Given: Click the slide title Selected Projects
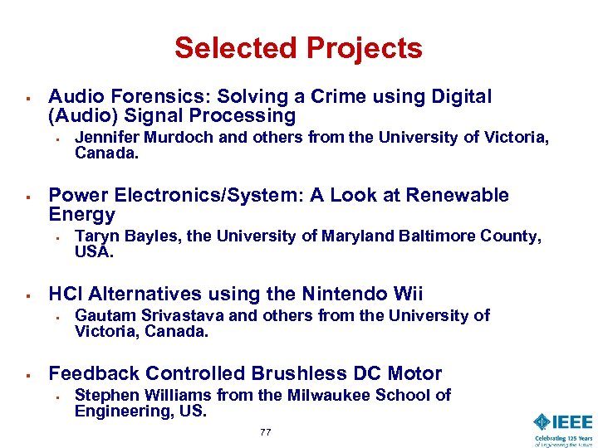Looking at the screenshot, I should (x=298, y=48).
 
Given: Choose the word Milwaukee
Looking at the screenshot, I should (x=329, y=395).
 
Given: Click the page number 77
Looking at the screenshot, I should (x=265, y=432).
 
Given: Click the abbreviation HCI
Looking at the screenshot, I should (x=66, y=294).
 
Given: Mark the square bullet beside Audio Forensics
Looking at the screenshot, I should (x=28, y=99).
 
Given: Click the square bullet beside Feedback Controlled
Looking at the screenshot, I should (x=28, y=375).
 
